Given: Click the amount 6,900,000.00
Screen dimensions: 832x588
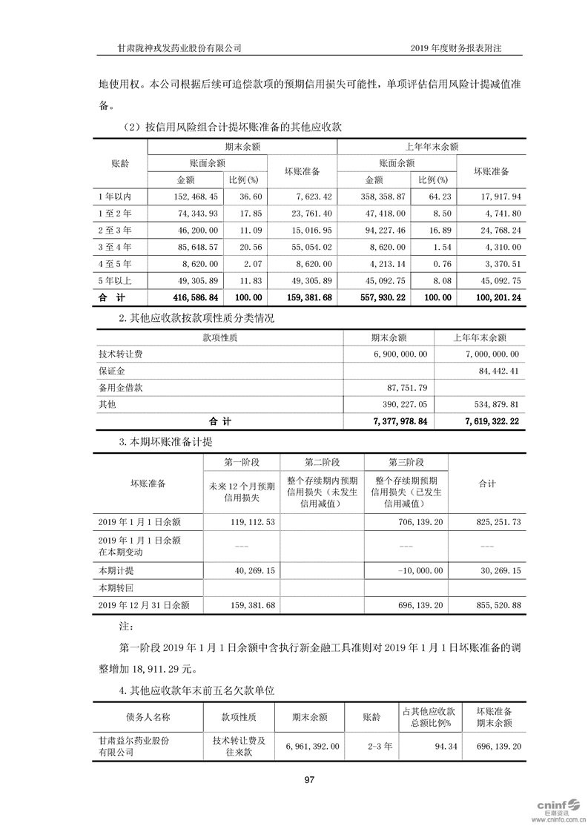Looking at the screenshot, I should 400,354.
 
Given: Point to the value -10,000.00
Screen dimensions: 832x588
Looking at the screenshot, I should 422,572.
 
